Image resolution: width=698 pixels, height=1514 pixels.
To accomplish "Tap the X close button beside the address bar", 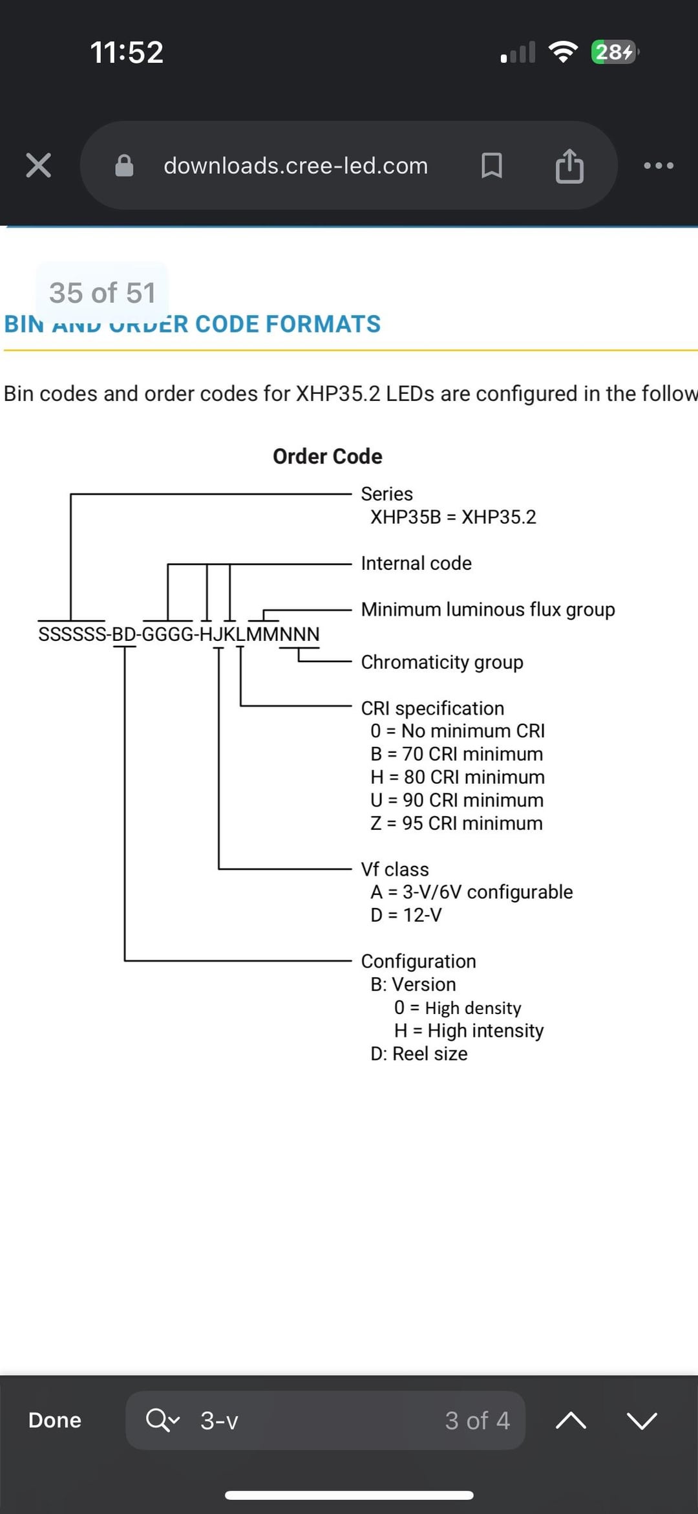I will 38,166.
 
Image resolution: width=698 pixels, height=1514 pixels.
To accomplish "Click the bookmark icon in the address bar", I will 492,166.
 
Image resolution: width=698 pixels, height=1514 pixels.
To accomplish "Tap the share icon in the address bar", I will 569,166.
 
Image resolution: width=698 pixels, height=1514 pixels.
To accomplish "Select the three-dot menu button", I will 659,166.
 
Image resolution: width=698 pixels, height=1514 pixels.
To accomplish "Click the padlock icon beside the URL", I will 124,166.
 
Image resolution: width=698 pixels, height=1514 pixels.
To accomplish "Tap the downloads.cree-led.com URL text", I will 295,166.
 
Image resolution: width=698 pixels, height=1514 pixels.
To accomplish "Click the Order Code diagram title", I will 327,457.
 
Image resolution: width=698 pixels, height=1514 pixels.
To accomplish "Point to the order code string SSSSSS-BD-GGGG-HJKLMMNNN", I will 179,634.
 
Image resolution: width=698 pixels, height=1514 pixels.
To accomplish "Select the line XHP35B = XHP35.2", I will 453,517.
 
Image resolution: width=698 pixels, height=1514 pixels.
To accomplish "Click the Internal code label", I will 416,563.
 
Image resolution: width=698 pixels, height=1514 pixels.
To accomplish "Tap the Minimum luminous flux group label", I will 488,609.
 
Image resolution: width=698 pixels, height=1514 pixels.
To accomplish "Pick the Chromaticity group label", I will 442,662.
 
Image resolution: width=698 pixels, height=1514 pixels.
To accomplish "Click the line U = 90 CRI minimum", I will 457,800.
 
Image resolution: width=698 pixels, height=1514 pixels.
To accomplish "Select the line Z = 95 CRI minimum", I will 456,823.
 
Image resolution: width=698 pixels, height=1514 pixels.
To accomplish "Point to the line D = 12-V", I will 406,915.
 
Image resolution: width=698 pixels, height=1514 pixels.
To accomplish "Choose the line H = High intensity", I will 469,1030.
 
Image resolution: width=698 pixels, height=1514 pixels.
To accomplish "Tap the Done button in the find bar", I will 55,1420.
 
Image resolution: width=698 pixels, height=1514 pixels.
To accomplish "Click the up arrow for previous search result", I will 571,1420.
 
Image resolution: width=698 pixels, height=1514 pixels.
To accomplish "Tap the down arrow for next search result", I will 642,1420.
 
